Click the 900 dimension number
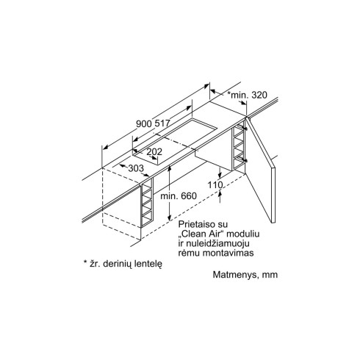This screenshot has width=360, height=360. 144,123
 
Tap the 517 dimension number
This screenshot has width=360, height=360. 162,123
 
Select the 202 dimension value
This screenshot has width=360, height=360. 154,152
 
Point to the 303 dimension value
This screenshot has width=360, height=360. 136,168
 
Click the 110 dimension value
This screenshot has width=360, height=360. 215,185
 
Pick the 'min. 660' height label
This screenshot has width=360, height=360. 179,196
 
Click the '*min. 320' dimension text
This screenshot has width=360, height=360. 247,95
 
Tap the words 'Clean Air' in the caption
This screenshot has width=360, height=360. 202,234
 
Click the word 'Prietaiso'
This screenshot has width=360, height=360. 196,224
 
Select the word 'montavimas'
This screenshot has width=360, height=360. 228,253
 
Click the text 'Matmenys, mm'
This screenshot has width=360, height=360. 245,275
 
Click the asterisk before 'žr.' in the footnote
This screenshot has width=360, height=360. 85,262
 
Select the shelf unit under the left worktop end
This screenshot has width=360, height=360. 147,203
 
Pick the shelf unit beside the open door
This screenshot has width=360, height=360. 238,148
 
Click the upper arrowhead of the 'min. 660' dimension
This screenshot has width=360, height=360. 169,168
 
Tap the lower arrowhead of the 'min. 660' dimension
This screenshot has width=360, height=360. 169,218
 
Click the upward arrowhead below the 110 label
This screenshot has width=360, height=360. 220,193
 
